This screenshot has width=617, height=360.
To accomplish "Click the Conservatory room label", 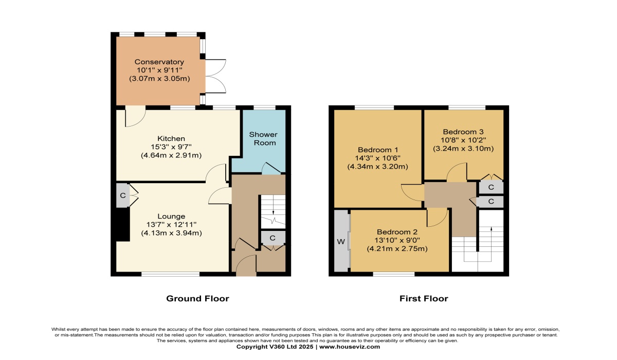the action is (159, 62).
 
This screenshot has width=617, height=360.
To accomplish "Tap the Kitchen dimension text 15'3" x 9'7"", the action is (171, 147).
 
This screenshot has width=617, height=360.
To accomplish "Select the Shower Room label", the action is (263, 138).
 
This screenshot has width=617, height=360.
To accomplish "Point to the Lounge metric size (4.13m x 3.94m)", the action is (171, 233).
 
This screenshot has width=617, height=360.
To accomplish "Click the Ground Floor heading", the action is (197, 298).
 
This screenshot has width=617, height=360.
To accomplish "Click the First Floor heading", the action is (424, 298).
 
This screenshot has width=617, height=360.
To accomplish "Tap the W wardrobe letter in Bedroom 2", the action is (341, 242).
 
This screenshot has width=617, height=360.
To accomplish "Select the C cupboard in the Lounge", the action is (123, 195).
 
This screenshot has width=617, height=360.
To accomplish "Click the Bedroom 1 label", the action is (377, 150).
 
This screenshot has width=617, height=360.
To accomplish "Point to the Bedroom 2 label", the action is (397, 232).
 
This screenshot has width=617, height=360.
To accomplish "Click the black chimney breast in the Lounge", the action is (123, 224).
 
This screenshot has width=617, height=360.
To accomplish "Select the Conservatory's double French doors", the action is (215, 76).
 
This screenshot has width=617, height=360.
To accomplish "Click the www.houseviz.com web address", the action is (350, 347).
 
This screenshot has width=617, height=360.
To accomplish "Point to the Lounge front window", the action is (171, 274).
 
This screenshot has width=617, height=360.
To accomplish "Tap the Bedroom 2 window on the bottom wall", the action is (394, 274).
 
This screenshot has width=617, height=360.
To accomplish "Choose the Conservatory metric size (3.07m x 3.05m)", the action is (159, 79).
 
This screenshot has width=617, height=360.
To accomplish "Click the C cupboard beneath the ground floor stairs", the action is (273, 238).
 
